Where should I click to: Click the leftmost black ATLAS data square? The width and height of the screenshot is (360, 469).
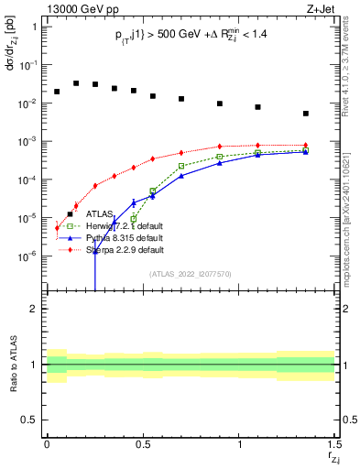pyautogui.click(x=57, y=92)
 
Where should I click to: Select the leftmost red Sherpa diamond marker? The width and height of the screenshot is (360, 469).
pyautogui.click(x=57, y=227)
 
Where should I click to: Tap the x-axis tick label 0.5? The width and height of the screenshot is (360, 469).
pyautogui.click(x=142, y=443)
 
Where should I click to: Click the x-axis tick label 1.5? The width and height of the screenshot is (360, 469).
pyautogui.click(x=333, y=443)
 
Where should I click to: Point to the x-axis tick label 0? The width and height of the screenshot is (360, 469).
pyautogui.click(x=47, y=443)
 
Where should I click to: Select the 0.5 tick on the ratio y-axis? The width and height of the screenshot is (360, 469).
pyautogui.click(x=30, y=420)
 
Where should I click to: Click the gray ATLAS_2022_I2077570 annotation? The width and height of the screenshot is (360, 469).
pyautogui.click(x=191, y=273)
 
